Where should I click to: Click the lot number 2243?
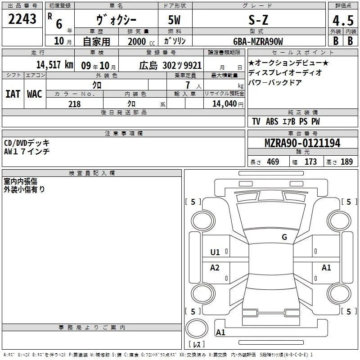(22, 19)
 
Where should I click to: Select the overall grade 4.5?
(343, 21)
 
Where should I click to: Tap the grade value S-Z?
(258, 20)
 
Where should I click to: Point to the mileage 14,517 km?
(54, 65)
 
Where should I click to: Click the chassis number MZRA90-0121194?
(302, 143)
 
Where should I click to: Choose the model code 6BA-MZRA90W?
(258, 41)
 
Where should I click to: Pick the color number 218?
(74, 104)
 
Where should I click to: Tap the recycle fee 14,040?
(224, 104)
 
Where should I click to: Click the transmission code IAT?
(13, 94)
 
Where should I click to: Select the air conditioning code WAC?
(35, 94)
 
